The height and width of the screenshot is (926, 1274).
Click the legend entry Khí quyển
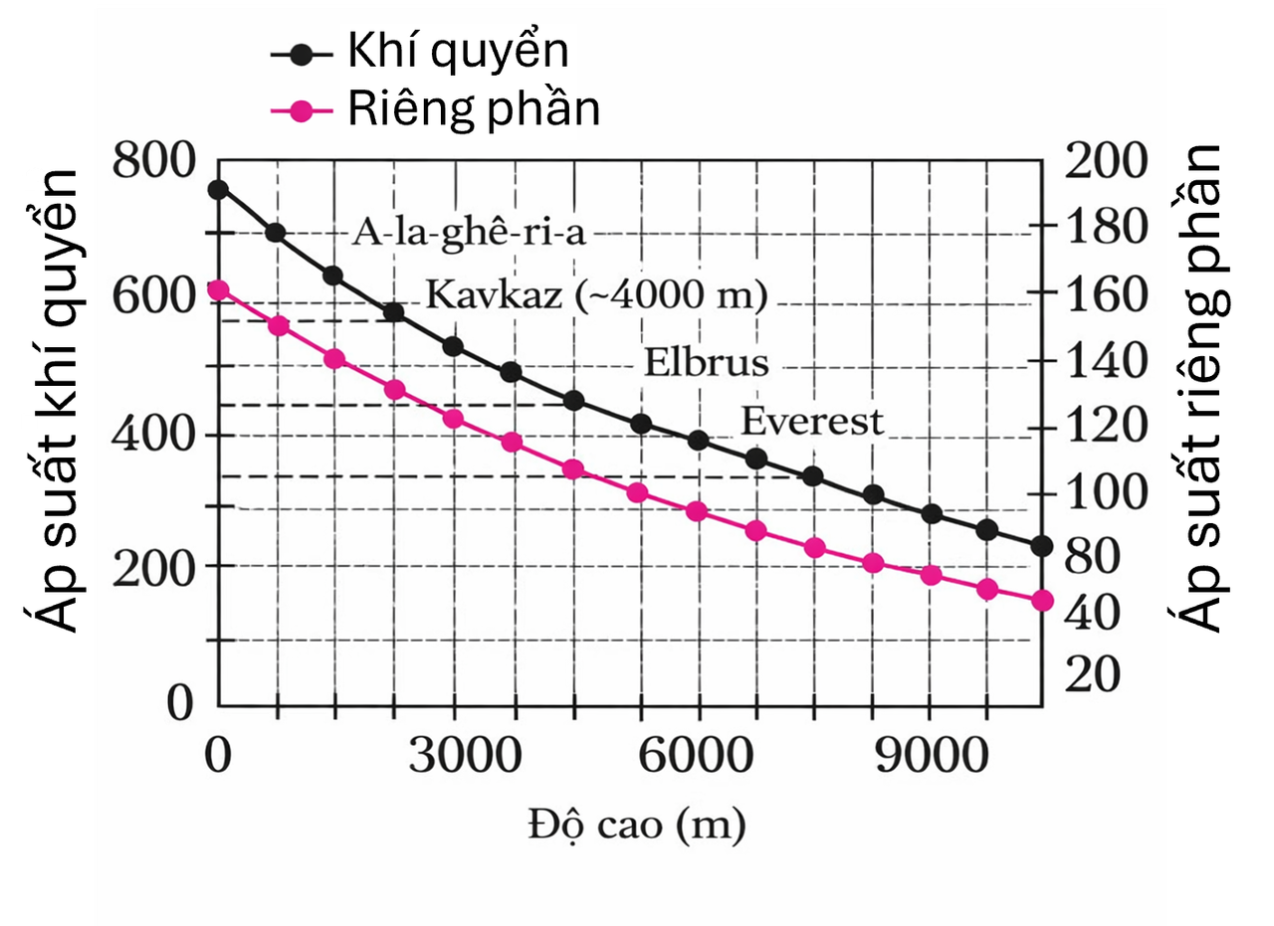click(457, 52)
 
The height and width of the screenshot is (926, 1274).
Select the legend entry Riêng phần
click(473, 109)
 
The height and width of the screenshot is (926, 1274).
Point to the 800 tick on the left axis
click(153, 161)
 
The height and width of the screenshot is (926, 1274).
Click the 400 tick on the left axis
click(153, 435)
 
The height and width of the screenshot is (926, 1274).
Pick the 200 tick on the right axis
click(1106, 161)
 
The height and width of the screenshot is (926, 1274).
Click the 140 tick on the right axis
click(1106, 362)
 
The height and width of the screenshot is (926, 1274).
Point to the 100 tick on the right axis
click(1106, 493)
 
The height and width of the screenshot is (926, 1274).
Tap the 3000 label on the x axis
click(466, 758)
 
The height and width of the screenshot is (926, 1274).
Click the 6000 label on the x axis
click(694, 758)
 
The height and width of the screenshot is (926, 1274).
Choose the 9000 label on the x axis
click(932, 758)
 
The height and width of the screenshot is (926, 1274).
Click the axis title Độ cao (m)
click(637, 825)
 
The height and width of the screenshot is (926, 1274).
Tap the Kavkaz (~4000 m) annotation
click(596, 295)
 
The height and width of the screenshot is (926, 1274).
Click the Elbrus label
click(706, 362)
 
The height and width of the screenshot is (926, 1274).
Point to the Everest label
click(812, 422)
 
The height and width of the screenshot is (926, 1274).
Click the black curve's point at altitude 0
click(218, 190)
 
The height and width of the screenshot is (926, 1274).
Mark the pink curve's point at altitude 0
click(218, 290)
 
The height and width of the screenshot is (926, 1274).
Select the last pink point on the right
click(1042, 601)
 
